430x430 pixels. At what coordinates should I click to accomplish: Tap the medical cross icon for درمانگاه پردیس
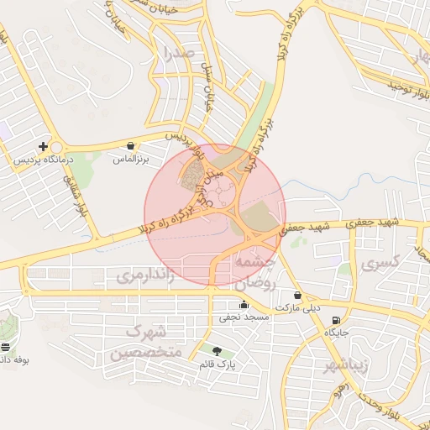pyautogui.click(x=43, y=146)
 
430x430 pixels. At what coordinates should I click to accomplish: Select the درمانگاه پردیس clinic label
pyautogui.click(x=43, y=159)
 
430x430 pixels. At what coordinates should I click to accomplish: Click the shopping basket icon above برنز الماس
pyautogui.click(x=130, y=146)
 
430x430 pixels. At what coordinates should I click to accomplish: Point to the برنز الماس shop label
pyautogui.click(x=130, y=159)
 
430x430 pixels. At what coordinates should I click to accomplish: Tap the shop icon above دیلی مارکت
pyautogui.click(x=298, y=295)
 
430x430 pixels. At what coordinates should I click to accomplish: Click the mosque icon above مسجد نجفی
pyautogui.click(x=244, y=305)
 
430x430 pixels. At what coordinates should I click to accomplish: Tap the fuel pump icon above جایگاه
pyautogui.click(x=337, y=320)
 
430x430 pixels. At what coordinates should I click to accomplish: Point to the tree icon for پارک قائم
pyautogui.click(x=218, y=351)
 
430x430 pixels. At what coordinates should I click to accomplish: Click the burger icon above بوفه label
pyautogui.click(x=6, y=347)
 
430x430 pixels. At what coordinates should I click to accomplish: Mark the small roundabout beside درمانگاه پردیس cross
pyautogui.click(x=55, y=146)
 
